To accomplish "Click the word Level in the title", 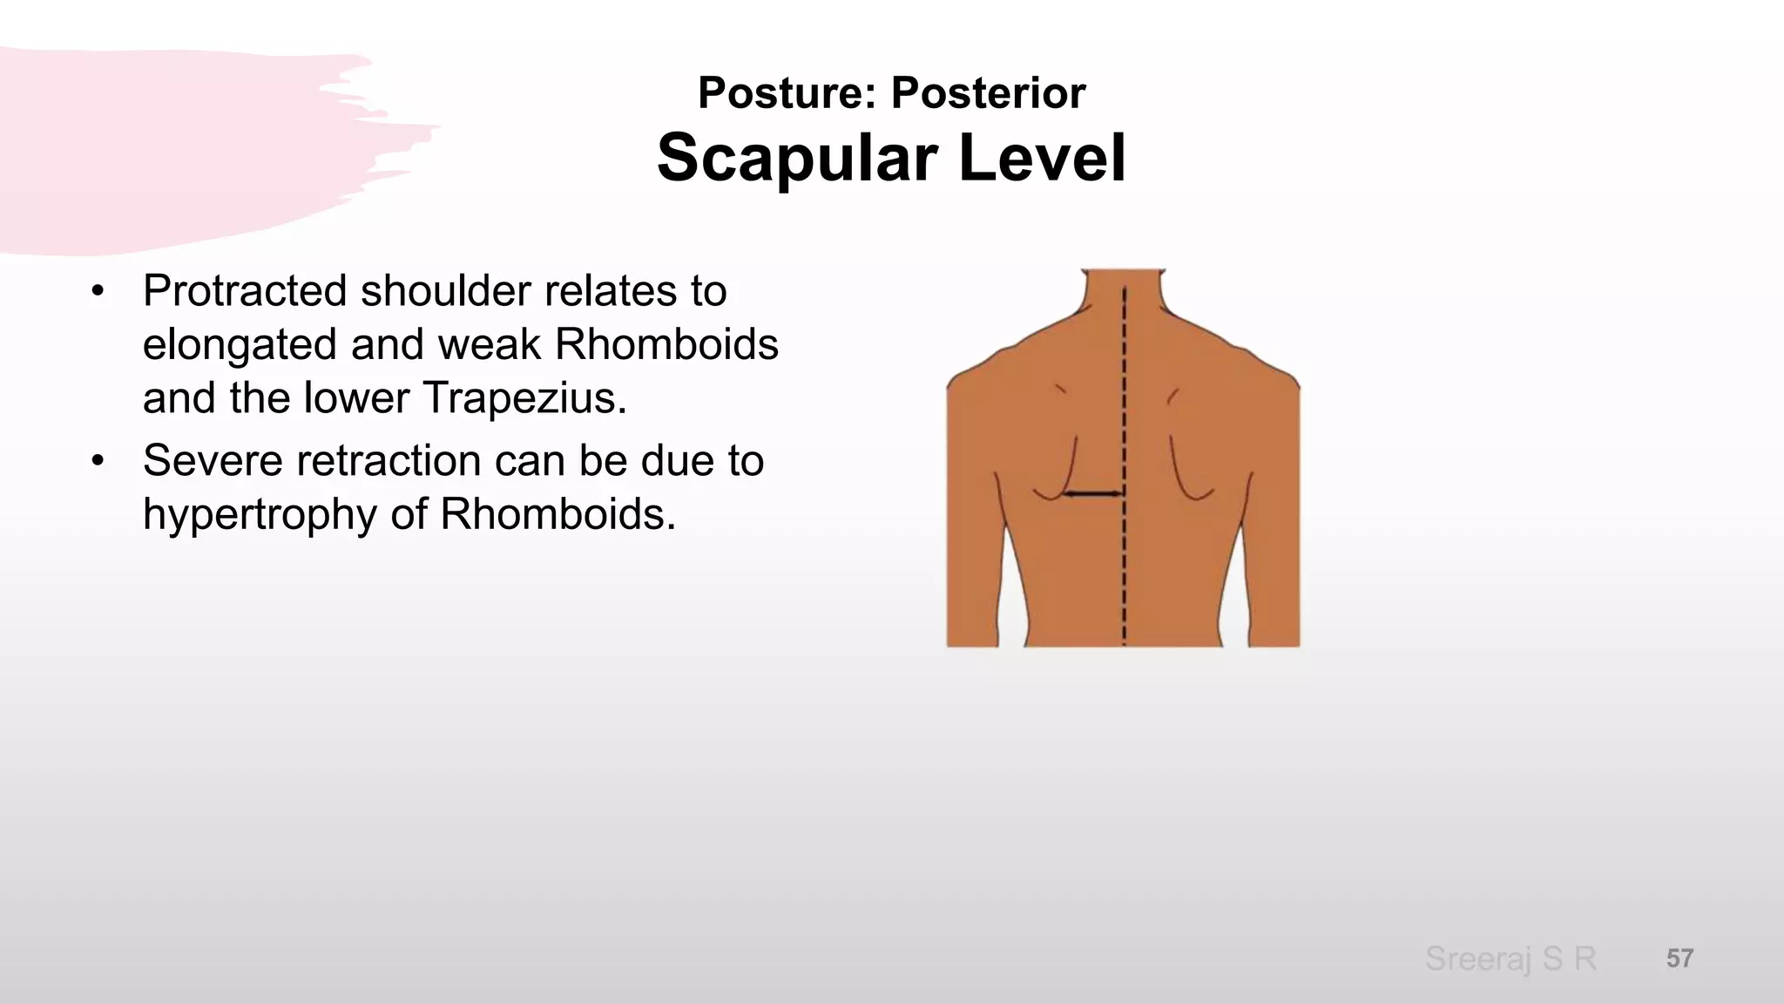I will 1042,158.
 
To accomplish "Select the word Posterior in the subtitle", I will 988,92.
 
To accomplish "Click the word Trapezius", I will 524,398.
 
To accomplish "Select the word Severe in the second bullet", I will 213,460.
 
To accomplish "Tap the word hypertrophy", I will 260,515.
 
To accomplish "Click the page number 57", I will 1679,959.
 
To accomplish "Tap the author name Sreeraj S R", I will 1510,959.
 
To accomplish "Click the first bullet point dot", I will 98,291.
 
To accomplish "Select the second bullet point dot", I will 98,460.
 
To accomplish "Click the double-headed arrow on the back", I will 1093,494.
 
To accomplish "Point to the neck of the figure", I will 1123,292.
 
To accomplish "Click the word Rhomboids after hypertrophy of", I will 557,514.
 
